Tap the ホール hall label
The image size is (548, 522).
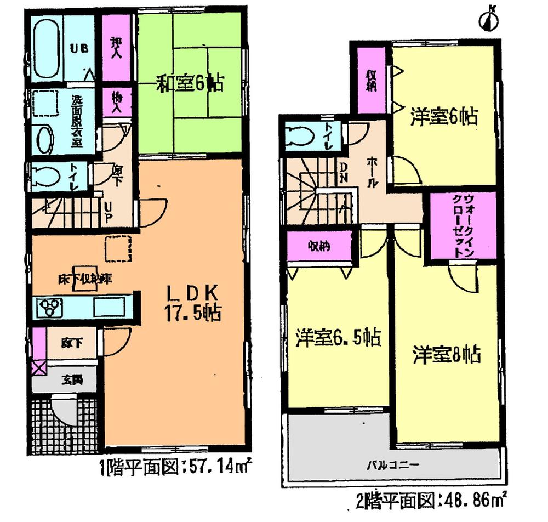(372, 172)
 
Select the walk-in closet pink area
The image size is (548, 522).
(461, 225)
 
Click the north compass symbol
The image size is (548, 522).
(489, 20)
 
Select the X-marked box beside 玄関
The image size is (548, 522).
(39, 367)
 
